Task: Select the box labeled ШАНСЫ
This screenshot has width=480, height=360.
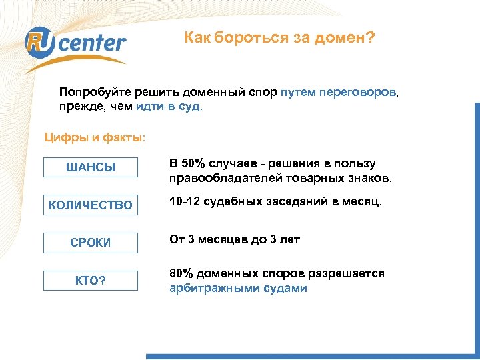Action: (x=90, y=167)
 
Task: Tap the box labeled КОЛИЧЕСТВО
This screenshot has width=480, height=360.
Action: (x=90, y=205)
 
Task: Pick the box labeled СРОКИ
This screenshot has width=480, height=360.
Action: (x=90, y=243)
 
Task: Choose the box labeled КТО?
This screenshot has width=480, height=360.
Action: (x=90, y=281)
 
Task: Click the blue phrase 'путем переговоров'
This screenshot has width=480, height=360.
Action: (x=339, y=91)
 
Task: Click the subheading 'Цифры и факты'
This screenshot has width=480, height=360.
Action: (x=93, y=138)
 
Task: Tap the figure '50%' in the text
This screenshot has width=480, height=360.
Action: (x=195, y=164)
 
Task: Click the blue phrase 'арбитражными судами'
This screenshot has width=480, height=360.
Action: (x=238, y=289)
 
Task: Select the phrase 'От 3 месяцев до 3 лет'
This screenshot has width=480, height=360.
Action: (x=234, y=240)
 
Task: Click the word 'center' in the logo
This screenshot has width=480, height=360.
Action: (x=95, y=44)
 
